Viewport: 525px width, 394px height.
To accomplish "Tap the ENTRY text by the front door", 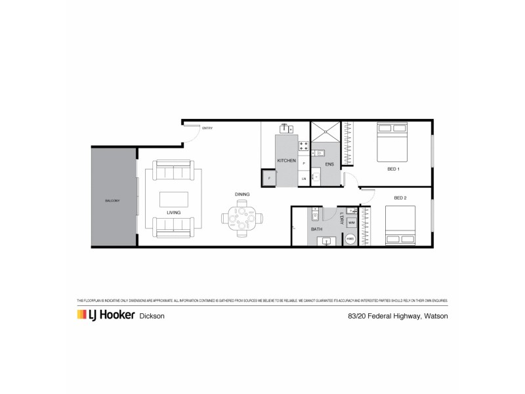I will (207, 128).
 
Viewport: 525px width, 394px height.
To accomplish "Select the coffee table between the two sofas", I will (174, 200).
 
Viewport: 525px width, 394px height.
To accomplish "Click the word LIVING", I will (174, 213).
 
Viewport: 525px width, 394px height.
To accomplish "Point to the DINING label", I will (241, 194).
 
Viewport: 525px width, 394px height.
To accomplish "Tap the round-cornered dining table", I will (241, 219).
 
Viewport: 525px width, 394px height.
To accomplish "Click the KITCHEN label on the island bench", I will (286, 161).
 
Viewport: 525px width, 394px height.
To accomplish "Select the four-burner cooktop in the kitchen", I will (303, 145).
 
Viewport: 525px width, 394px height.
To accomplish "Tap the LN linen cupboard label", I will (303, 179).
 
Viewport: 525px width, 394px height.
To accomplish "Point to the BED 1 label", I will (393, 169).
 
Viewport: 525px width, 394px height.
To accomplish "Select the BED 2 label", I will (401, 198).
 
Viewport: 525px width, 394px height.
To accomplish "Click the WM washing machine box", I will (352, 223).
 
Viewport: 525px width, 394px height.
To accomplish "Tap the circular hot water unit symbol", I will (350, 240).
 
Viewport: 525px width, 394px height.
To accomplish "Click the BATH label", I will (317, 229).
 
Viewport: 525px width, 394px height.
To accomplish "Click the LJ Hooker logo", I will (105, 315).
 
